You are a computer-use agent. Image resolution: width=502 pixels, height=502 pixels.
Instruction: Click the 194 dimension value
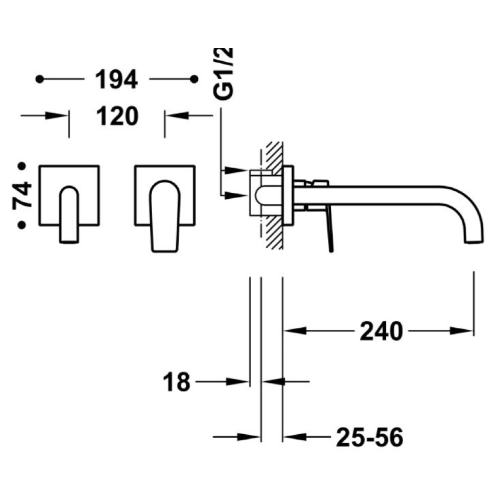click(x=117, y=79)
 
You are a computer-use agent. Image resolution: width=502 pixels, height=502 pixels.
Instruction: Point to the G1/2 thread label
click(x=223, y=74)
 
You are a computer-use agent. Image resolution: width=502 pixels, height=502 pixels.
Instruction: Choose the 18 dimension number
click(x=176, y=382)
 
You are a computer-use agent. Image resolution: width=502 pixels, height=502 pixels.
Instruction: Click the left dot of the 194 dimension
click(x=40, y=79)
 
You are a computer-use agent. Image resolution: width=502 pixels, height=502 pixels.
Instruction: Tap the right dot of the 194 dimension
click(x=194, y=79)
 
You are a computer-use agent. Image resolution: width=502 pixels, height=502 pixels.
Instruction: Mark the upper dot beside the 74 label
click(x=22, y=166)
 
